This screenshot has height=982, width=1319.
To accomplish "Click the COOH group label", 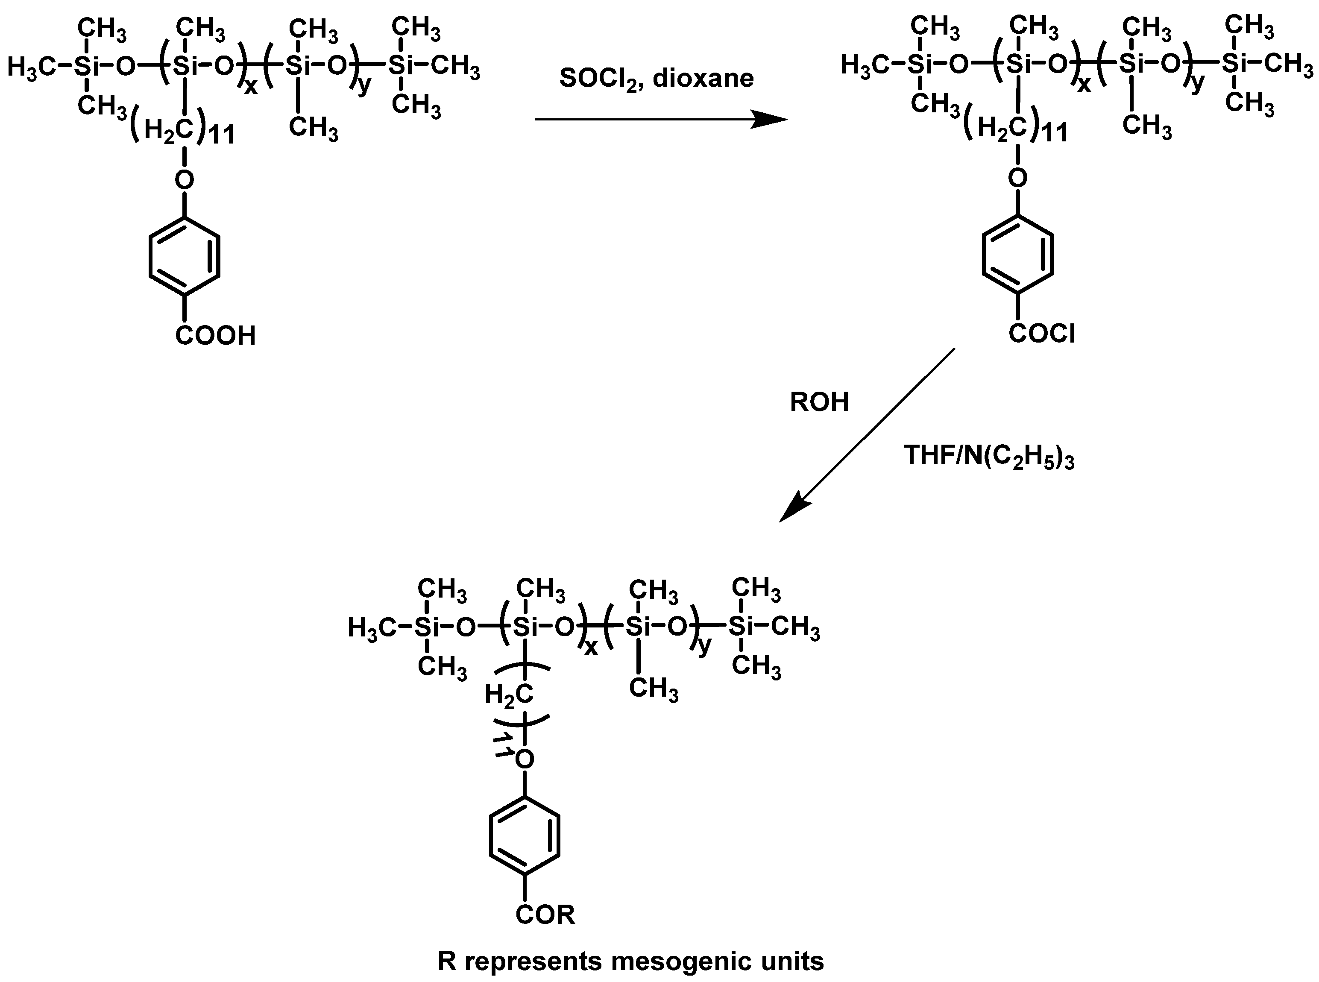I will pos(215,336).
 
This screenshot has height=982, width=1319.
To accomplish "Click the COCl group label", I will pos(1042,334).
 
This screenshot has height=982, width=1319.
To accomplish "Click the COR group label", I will pos(545,915).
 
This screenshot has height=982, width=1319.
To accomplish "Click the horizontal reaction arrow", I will pos(660,120).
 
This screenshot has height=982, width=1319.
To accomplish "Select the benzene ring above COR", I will pos(524,835).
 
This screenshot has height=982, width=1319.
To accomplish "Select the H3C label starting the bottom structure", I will pos(372,628).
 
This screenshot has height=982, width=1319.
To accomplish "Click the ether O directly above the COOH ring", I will pos(185,178).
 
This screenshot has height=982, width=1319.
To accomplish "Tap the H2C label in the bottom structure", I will pos(508,694).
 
